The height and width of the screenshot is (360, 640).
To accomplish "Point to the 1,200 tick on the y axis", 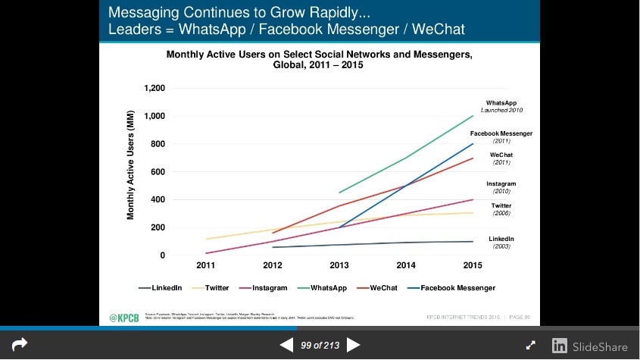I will point(155,88).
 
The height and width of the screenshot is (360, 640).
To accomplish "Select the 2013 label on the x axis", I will point(339,265).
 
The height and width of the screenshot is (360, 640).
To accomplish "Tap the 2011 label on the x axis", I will point(206,265).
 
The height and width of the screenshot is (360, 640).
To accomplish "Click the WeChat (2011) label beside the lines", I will point(501,158).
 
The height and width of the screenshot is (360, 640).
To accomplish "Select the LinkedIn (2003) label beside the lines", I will point(501,243).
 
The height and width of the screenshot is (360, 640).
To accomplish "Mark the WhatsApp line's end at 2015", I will point(473,116).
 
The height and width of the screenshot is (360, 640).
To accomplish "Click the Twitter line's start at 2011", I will point(206,239).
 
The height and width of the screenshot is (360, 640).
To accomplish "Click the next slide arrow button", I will point(353,346).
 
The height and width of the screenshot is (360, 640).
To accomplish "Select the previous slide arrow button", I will point(286,346).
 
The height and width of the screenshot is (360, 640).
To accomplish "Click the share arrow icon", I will point(20,345).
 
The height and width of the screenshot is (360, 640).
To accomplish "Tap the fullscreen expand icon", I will point(531,346).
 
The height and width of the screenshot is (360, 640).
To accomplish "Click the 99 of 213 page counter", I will point(320,346).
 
